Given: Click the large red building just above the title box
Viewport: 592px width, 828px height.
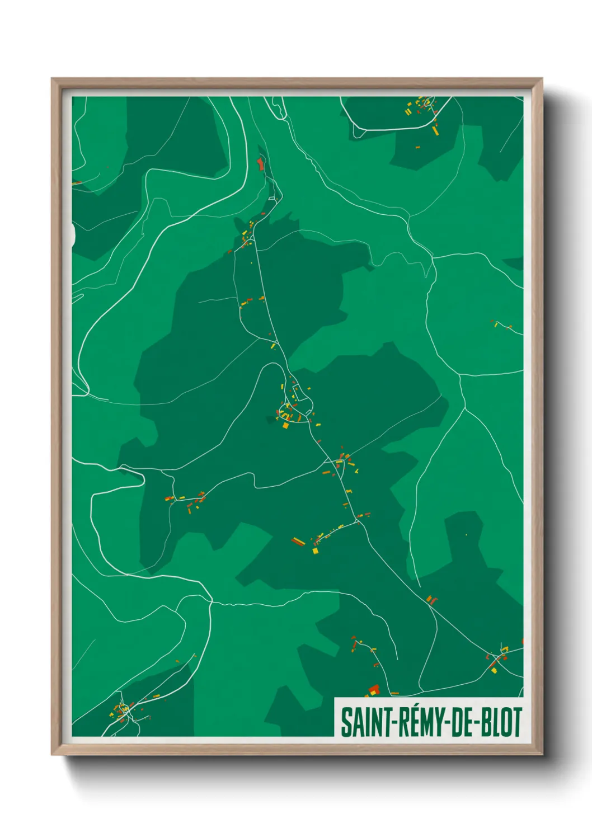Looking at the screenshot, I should pos(374,689).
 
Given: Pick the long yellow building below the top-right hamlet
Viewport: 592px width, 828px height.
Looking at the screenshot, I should pos(435,130).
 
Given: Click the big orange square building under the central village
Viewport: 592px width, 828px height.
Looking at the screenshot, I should pos(285,425).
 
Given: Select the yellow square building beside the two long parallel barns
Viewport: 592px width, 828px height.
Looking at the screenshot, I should pos(315,551).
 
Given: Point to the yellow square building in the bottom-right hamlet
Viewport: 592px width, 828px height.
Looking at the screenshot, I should pos(495,669).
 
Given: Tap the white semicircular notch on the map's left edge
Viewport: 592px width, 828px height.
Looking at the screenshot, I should pos(73,234).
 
